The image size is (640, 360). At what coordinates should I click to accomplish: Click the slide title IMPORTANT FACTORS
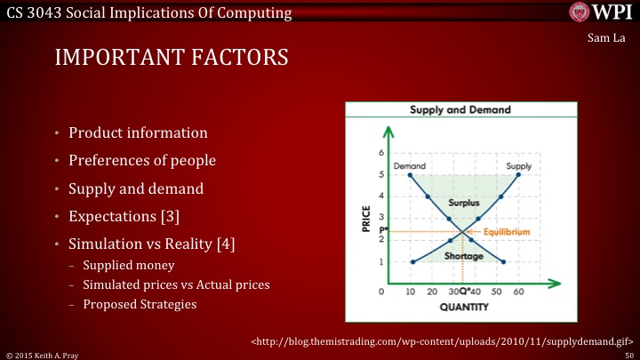click(x=172, y=58)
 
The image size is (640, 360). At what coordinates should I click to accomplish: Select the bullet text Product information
click(x=140, y=133)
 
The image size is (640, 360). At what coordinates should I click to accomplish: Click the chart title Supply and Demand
click(x=460, y=111)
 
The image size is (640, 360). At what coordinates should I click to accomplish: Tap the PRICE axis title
click(x=366, y=217)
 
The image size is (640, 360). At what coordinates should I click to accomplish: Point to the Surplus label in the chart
click(x=463, y=203)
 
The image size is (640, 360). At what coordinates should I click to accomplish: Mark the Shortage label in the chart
click(x=463, y=256)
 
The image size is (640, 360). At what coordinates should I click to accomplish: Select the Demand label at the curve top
click(x=409, y=166)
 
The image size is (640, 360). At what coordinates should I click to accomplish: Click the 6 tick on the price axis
click(x=380, y=154)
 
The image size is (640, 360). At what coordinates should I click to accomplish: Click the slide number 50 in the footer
click(x=628, y=354)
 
